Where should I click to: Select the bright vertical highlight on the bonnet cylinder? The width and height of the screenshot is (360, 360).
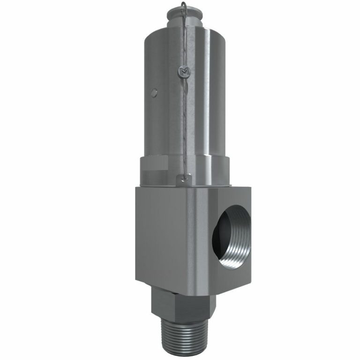pos(206,94)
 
